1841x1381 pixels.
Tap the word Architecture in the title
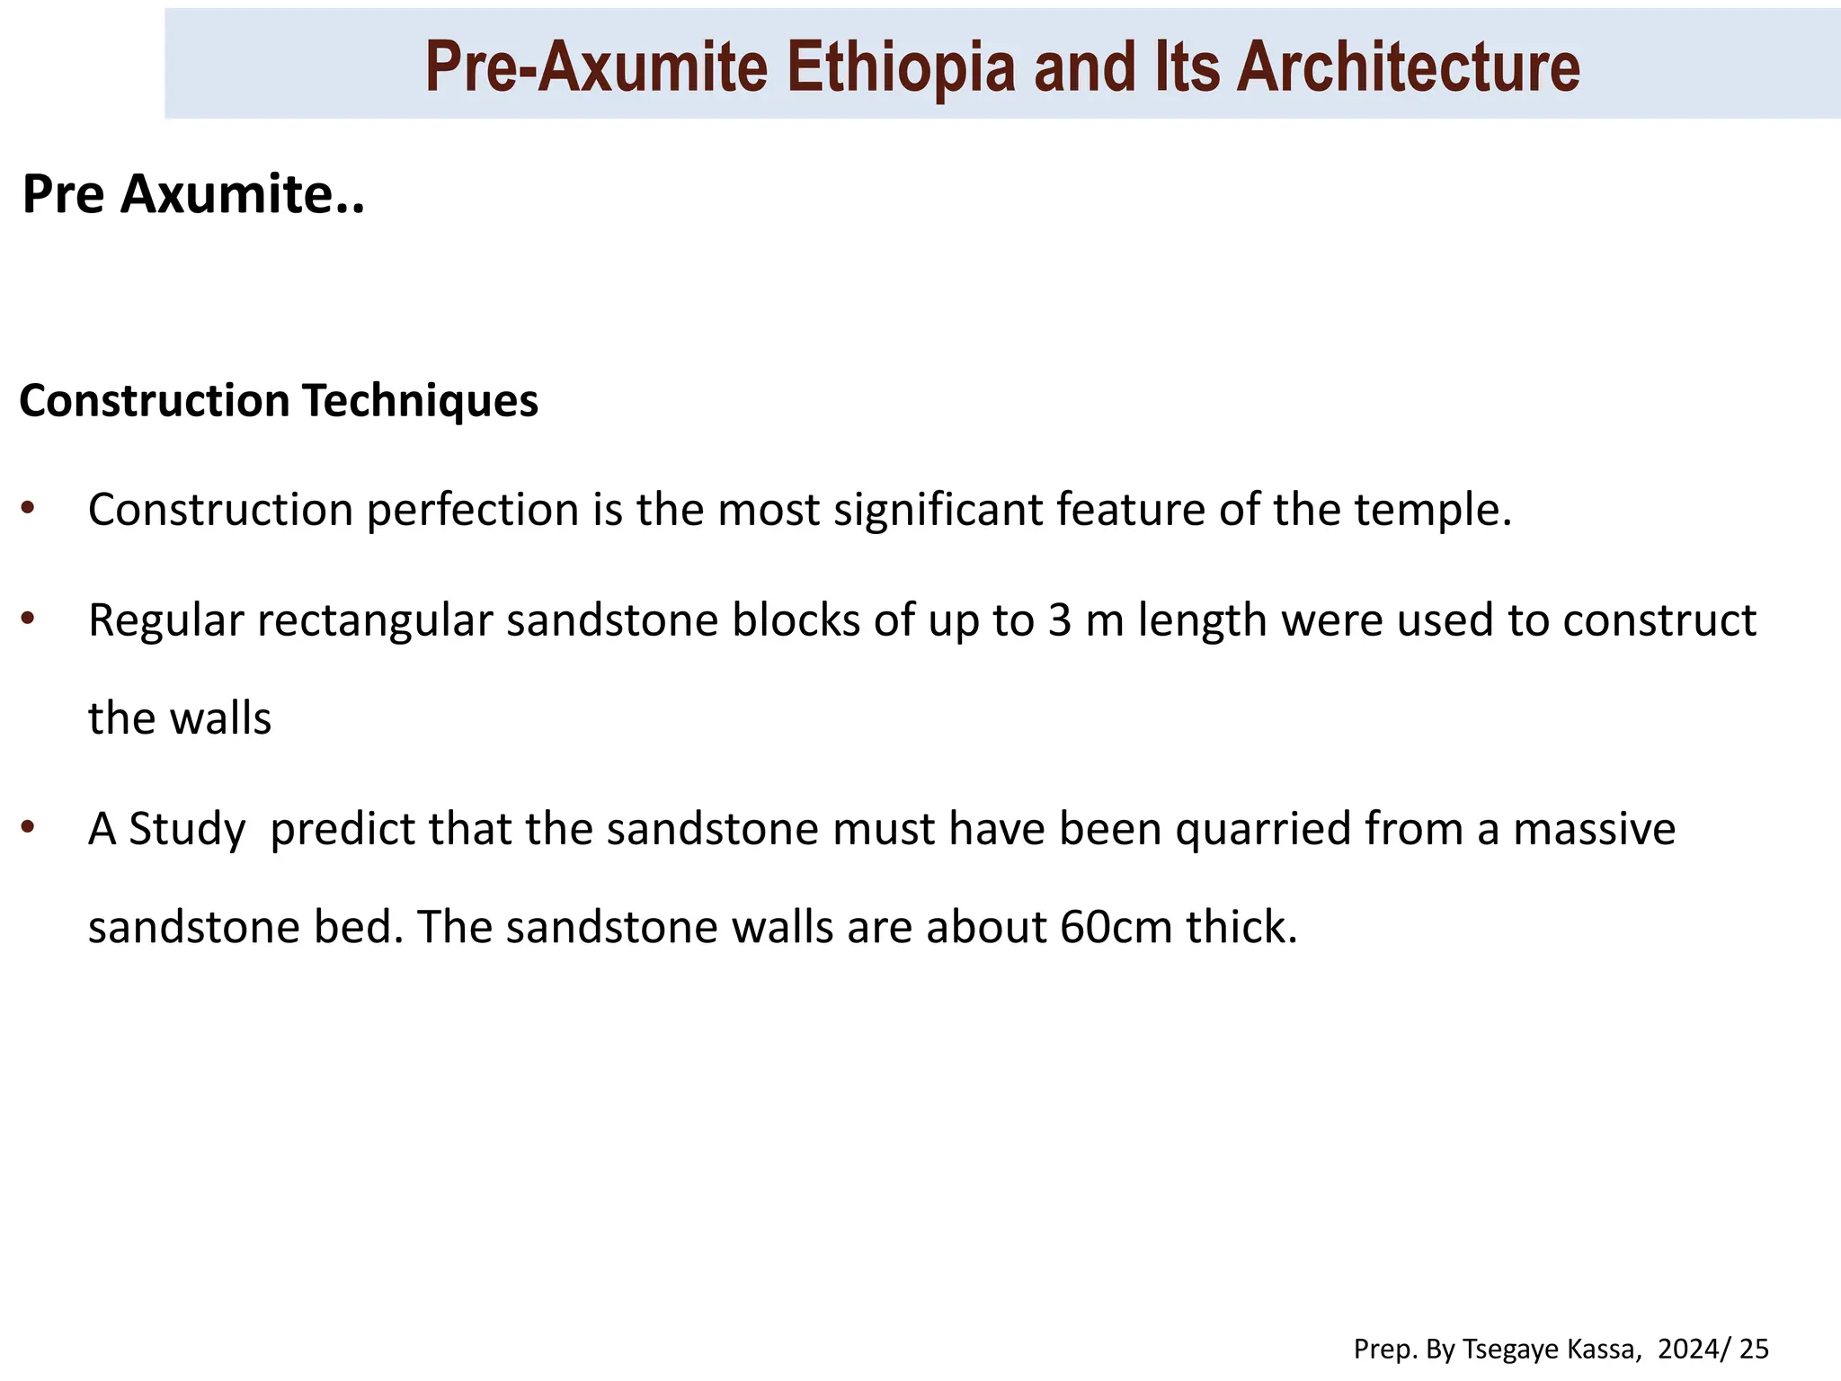(1407, 67)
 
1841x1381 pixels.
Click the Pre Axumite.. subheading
(193, 193)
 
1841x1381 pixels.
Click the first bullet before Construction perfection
(28, 508)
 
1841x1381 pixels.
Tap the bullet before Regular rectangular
(28, 619)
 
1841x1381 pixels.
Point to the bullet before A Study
(28, 826)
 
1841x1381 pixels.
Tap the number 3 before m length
(1059, 621)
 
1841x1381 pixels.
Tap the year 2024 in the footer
(1691, 1349)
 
